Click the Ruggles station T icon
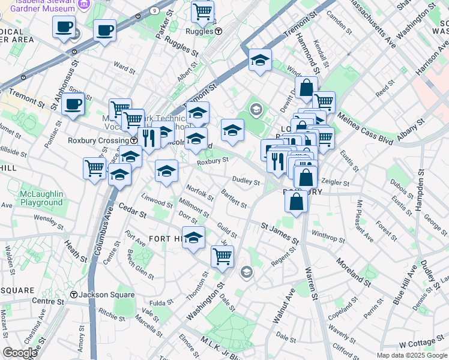tap(219, 31)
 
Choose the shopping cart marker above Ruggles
tap(202, 11)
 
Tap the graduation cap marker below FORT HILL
tap(193, 238)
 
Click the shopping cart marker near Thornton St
tap(222, 256)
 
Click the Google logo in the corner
tap(20, 353)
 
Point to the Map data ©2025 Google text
tap(411, 355)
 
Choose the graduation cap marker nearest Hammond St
tap(259, 60)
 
